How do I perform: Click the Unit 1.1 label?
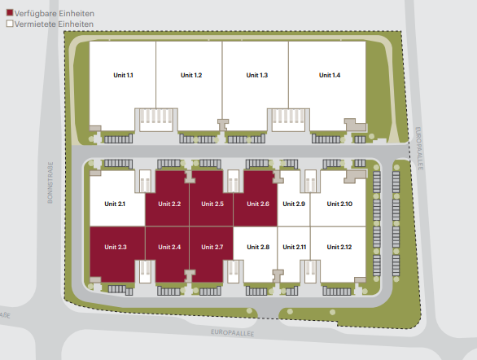pos(123,75)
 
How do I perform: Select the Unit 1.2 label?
pos(191,75)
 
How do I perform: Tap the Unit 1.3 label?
pos(257,75)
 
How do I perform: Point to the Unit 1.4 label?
pos(330,75)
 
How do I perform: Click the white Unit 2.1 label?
pos(115,204)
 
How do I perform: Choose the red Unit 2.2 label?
pos(169,204)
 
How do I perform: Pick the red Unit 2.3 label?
pos(116,247)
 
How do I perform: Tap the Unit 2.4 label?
pos(169,247)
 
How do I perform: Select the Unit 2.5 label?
pos(212,204)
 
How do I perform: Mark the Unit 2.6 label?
pos(258,204)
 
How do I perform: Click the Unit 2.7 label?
pos(212,247)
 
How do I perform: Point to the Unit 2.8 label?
pos(258,247)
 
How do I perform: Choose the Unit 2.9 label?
pos(294,204)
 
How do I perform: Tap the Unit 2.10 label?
pos(339,204)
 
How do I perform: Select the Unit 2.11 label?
pos(295,247)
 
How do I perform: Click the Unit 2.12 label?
pos(339,247)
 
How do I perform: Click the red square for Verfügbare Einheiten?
pos(10,13)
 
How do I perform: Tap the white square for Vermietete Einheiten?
pos(10,24)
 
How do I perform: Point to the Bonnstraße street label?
pos(50,182)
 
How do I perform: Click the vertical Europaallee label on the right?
pos(419,148)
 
